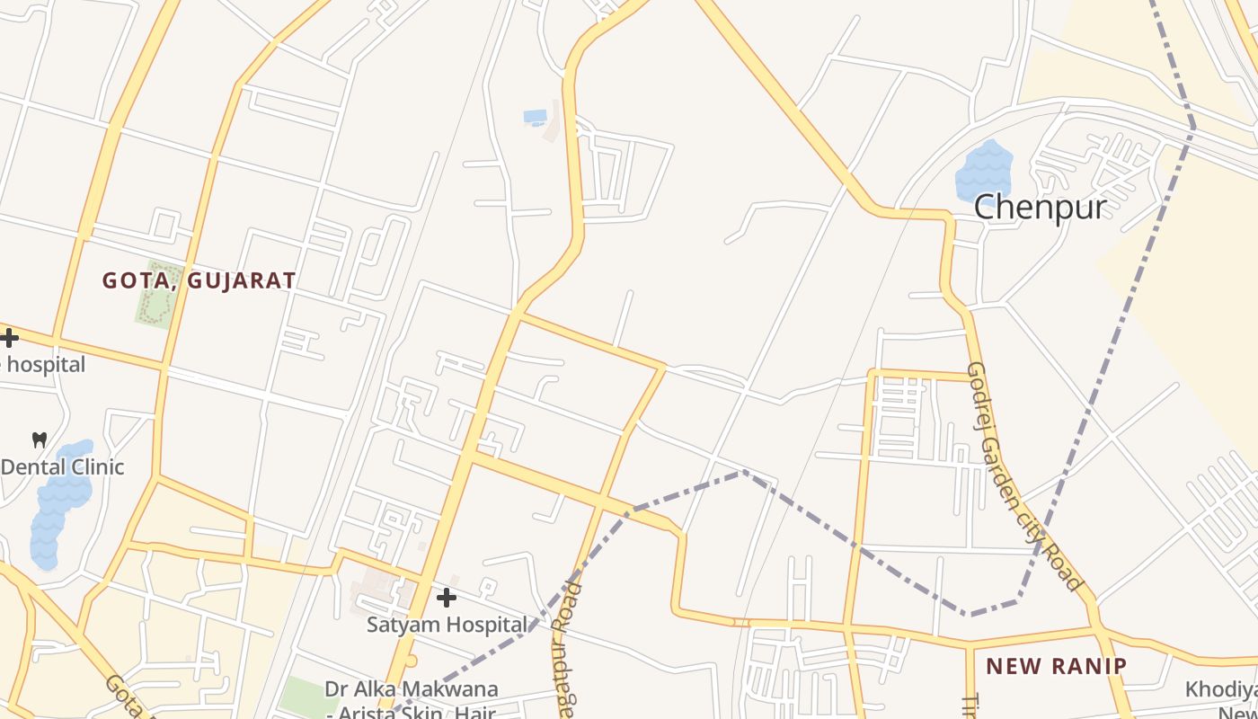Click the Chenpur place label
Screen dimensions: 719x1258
(x=1041, y=207)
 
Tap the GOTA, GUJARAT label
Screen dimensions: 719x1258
(x=199, y=280)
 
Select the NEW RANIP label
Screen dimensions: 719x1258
(x=1056, y=666)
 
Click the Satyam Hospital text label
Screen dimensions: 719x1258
(x=447, y=625)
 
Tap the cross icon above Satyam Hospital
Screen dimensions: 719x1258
(x=446, y=597)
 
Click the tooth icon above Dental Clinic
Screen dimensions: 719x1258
(x=39, y=439)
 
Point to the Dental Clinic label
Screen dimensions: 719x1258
(x=62, y=467)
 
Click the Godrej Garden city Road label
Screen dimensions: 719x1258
(x=1025, y=475)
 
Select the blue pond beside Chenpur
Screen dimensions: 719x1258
(x=984, y=172)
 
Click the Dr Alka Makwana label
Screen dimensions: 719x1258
(x=412, y=690)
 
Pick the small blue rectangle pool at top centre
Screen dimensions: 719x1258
(x=535, y=117)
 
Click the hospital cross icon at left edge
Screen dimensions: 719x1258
(x=9, y=338)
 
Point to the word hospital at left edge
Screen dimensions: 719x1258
(x=45, y=364)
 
